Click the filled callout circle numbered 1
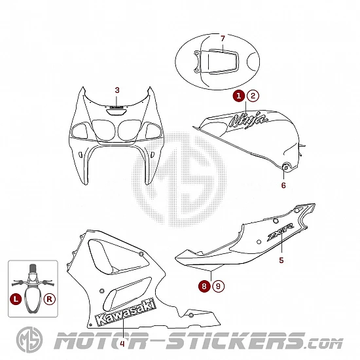(x=239, y=96)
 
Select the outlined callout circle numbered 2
(x=253, y=96)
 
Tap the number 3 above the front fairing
(x=117, y=90)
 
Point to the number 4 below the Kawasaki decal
(x=122, y=344)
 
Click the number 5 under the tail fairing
(x=281, y=260)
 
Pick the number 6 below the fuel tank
(x=283, y=185)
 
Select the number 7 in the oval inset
(x=223, y=39)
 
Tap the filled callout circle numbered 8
(x=204, y=286)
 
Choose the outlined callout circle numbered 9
(x=218, y=286)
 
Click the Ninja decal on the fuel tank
(x=249, y=120)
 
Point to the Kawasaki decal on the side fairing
(x=126, y=313)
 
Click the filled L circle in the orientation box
(x=16, y=299)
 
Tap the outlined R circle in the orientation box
(x=50, y=299)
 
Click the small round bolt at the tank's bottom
(x=285, y=168)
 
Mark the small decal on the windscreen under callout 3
(x=117, y=107)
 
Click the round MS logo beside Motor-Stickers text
(x=29, y=340)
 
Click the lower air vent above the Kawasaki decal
(x=127, y=294)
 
